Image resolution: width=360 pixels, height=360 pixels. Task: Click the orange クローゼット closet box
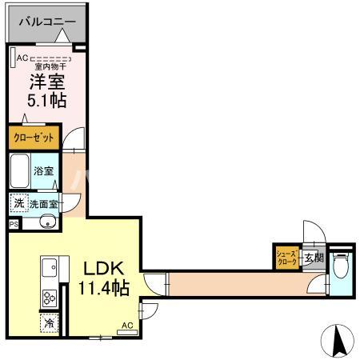[34, 138]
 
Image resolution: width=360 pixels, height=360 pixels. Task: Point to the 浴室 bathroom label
[44, 171]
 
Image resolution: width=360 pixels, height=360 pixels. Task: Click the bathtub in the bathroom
[21, 170]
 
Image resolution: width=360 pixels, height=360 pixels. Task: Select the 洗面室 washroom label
[44, 204]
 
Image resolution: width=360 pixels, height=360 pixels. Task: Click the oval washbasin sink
[46, 222]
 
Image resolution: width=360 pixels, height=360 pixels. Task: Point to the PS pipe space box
[14, 225]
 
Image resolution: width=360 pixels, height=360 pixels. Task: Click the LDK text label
[100, 268]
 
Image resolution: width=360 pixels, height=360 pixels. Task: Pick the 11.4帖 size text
[101, 287]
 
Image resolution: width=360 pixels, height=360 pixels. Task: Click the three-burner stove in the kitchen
[48, 298]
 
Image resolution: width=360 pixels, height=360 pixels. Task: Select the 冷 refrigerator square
[48, 324]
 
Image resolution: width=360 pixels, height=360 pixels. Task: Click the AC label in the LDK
[126, 326]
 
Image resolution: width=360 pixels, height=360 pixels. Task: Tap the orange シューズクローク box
[286, 257]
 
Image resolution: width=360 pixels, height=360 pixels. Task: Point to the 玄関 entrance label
[313, 258]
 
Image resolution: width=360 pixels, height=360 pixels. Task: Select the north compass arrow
[338, 342]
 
